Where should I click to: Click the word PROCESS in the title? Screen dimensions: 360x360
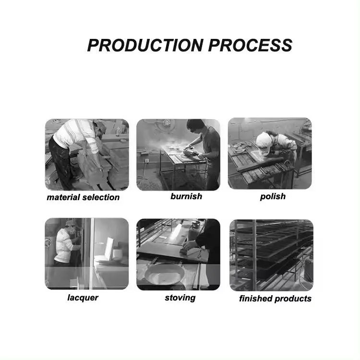[250, 45]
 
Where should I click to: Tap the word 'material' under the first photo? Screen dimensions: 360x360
[65, 197]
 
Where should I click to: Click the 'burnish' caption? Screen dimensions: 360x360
[186, 196]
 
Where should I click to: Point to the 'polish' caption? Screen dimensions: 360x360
[273, 196]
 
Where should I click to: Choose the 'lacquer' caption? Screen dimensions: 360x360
[83, 298]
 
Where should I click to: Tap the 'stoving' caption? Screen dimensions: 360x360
[180, 298]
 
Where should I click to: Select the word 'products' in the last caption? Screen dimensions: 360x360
[293, 299]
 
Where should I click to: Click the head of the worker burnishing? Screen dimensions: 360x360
[194, 126]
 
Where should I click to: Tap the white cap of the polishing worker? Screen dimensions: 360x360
[263, 140]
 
